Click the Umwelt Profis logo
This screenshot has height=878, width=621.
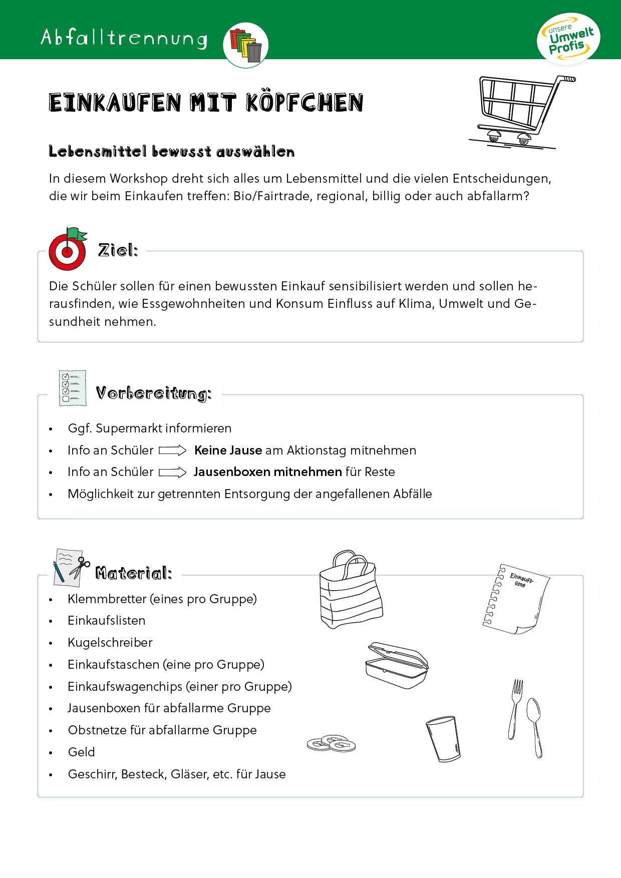point(568,39)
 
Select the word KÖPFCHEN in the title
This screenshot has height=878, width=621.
point(304,103)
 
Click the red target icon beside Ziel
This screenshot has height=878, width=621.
point(67,251)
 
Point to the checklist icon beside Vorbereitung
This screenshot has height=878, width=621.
point(73,388)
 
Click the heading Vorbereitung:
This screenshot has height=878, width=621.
point(154,393)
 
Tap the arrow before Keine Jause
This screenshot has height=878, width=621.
point(173,451)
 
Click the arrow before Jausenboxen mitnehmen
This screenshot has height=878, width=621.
point(173,473)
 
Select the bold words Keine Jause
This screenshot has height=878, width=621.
point(228,451)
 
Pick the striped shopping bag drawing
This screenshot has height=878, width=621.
point(351,591)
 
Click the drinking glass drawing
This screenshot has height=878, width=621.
point(443,739)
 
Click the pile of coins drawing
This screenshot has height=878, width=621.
point(331,744)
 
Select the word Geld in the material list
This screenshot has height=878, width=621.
point(81,752)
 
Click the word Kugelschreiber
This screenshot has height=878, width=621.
point(110,643)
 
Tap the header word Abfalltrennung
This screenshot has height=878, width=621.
point(124,38)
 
